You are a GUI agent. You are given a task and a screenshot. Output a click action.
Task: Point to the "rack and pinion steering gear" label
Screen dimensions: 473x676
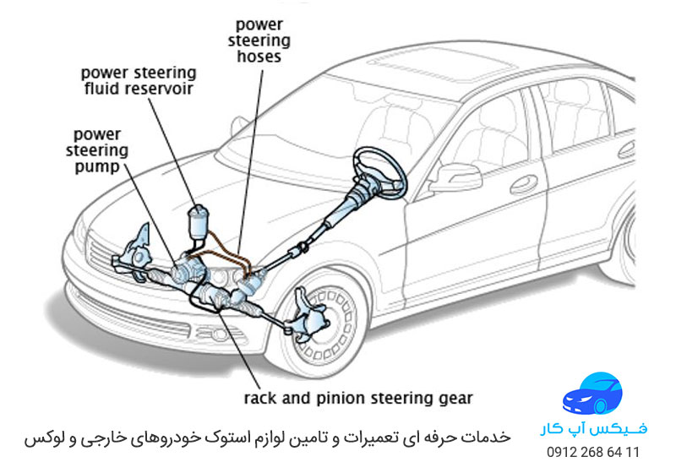coord(358,397)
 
